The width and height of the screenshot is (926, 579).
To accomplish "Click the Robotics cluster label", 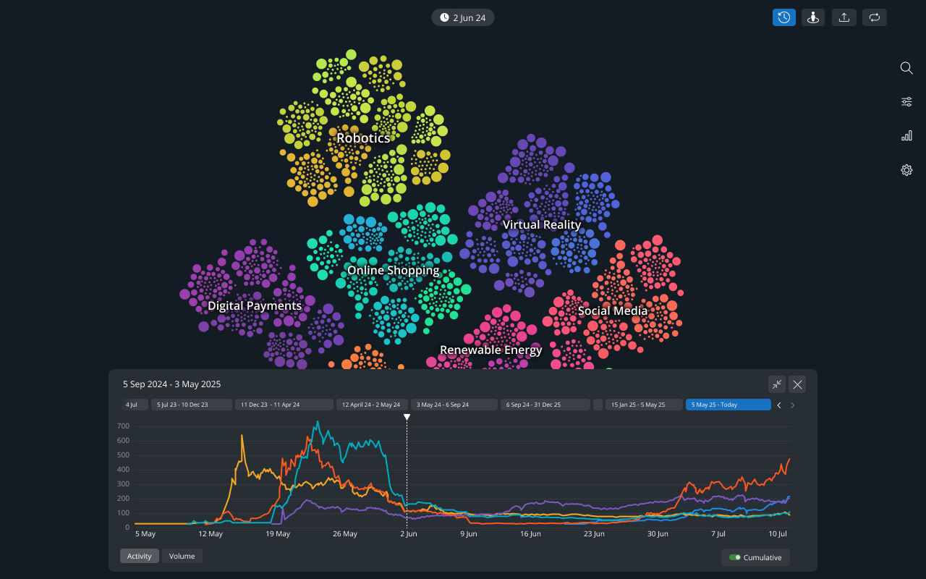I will point(363,138).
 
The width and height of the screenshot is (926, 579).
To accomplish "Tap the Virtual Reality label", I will point(542,224).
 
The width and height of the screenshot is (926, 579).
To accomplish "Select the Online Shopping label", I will point(393,270).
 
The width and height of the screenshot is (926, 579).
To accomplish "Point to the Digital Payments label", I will point(255,305).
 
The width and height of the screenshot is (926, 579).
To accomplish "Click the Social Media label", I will point(612,310).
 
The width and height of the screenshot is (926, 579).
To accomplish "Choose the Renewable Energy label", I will point(490,350).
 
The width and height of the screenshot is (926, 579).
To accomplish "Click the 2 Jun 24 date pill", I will point(463,17).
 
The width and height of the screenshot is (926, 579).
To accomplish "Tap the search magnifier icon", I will point(906,68).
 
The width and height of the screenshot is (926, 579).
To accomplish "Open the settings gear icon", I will point(906,170).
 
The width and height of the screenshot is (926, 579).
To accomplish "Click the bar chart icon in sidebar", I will point(906,136).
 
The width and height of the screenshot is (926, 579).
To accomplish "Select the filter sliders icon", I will point(906,102).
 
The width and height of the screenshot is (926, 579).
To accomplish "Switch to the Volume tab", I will point(182,556).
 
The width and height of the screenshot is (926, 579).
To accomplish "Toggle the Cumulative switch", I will point(735,557).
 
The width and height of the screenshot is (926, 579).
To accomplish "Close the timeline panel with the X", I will point(797,384).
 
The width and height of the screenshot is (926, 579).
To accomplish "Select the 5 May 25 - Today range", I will point(728,405).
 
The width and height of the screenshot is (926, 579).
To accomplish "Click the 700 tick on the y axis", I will point(123,426).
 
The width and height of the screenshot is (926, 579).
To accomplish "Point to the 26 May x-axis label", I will point(345,534).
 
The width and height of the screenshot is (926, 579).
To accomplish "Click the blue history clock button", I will point(784,17).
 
